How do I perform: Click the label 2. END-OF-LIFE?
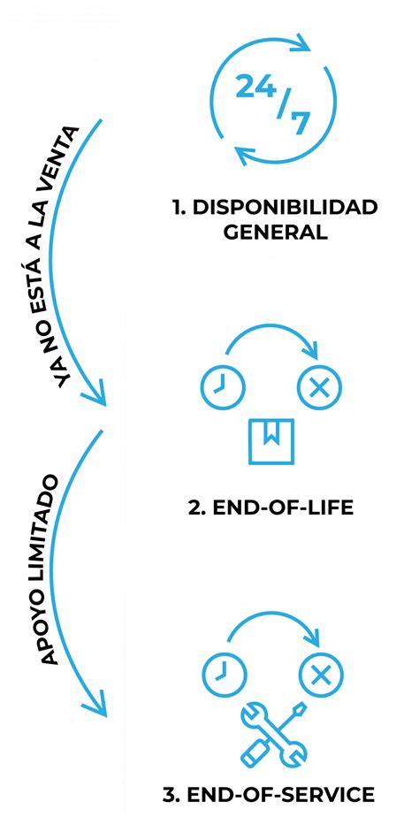tap(270, 508)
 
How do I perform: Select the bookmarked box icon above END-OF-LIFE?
tap(270, 440)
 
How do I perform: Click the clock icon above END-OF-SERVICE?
tap(219, 676)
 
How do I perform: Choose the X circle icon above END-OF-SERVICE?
tap(320, 676)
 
